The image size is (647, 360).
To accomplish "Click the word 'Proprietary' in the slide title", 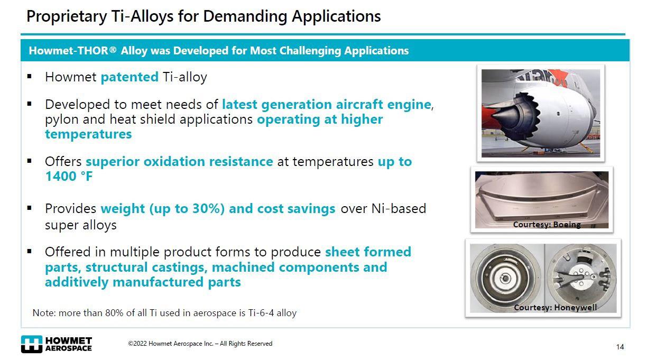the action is (67, 16).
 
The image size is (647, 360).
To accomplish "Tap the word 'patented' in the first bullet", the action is (130, 77).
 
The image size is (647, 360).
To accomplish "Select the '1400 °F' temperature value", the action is (69, 176).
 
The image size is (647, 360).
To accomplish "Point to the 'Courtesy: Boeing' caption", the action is (547, 225).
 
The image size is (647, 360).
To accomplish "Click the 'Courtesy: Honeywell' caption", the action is (555, 308).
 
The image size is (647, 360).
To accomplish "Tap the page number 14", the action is (620, 347).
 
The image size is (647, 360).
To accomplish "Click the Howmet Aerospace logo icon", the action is (32, 344).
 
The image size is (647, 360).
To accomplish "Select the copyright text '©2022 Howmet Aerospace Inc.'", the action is (170, 343).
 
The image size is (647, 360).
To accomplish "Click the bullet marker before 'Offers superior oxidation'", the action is (29, 161).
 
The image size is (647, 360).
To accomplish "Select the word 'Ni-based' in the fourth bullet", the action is (399, 209).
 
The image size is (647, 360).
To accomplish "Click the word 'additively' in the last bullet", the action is (77, 282).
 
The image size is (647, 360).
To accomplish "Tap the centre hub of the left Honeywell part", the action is (505, 278).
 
